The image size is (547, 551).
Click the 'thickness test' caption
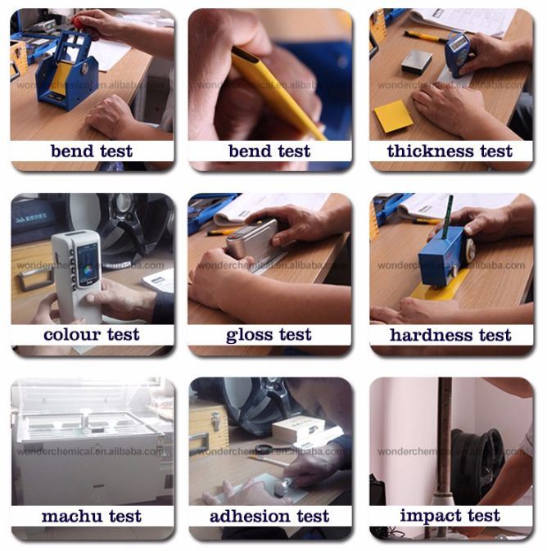(x=450, y=151)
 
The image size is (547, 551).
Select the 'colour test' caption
(x=92, y=335)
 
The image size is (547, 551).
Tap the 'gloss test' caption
(x=269, y=335)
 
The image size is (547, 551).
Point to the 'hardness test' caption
(x=450, y=335)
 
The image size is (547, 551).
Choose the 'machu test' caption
(x=92, y=517)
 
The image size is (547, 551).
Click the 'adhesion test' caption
(x=269, y=517)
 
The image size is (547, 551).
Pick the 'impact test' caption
(x=450, y=516)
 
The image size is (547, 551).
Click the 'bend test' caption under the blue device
(x=92, y=151)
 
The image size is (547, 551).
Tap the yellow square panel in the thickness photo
(x=393, y=116)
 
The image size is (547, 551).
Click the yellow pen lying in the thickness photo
(x=424, y=35)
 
